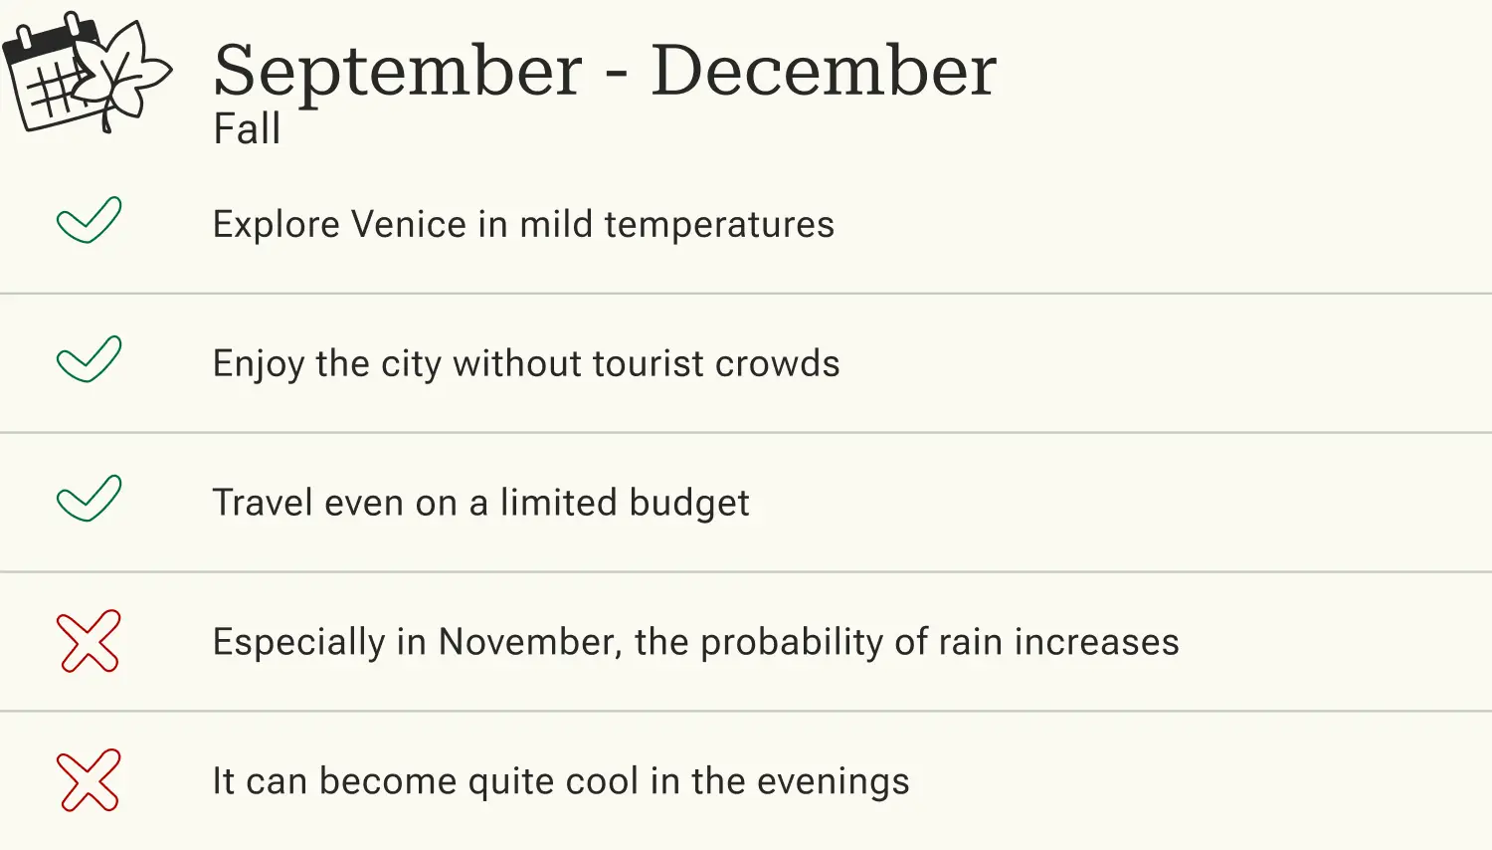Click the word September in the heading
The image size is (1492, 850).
(398, 72)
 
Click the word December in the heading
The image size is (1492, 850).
(823, 72)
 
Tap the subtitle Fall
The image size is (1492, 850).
(247, 129)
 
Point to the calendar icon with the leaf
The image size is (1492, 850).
(87, 72)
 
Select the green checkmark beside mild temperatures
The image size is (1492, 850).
(89, 220)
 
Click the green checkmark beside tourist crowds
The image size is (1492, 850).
(89, 359)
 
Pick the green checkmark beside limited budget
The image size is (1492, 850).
(89, 499)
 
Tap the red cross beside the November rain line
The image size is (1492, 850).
(89, 641)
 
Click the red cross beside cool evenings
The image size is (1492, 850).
(89, 780)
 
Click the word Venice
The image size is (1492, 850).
(409, 225)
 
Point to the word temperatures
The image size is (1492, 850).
(719, 225)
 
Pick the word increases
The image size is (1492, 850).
(1096, 643)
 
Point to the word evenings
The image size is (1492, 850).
(833, 782)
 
